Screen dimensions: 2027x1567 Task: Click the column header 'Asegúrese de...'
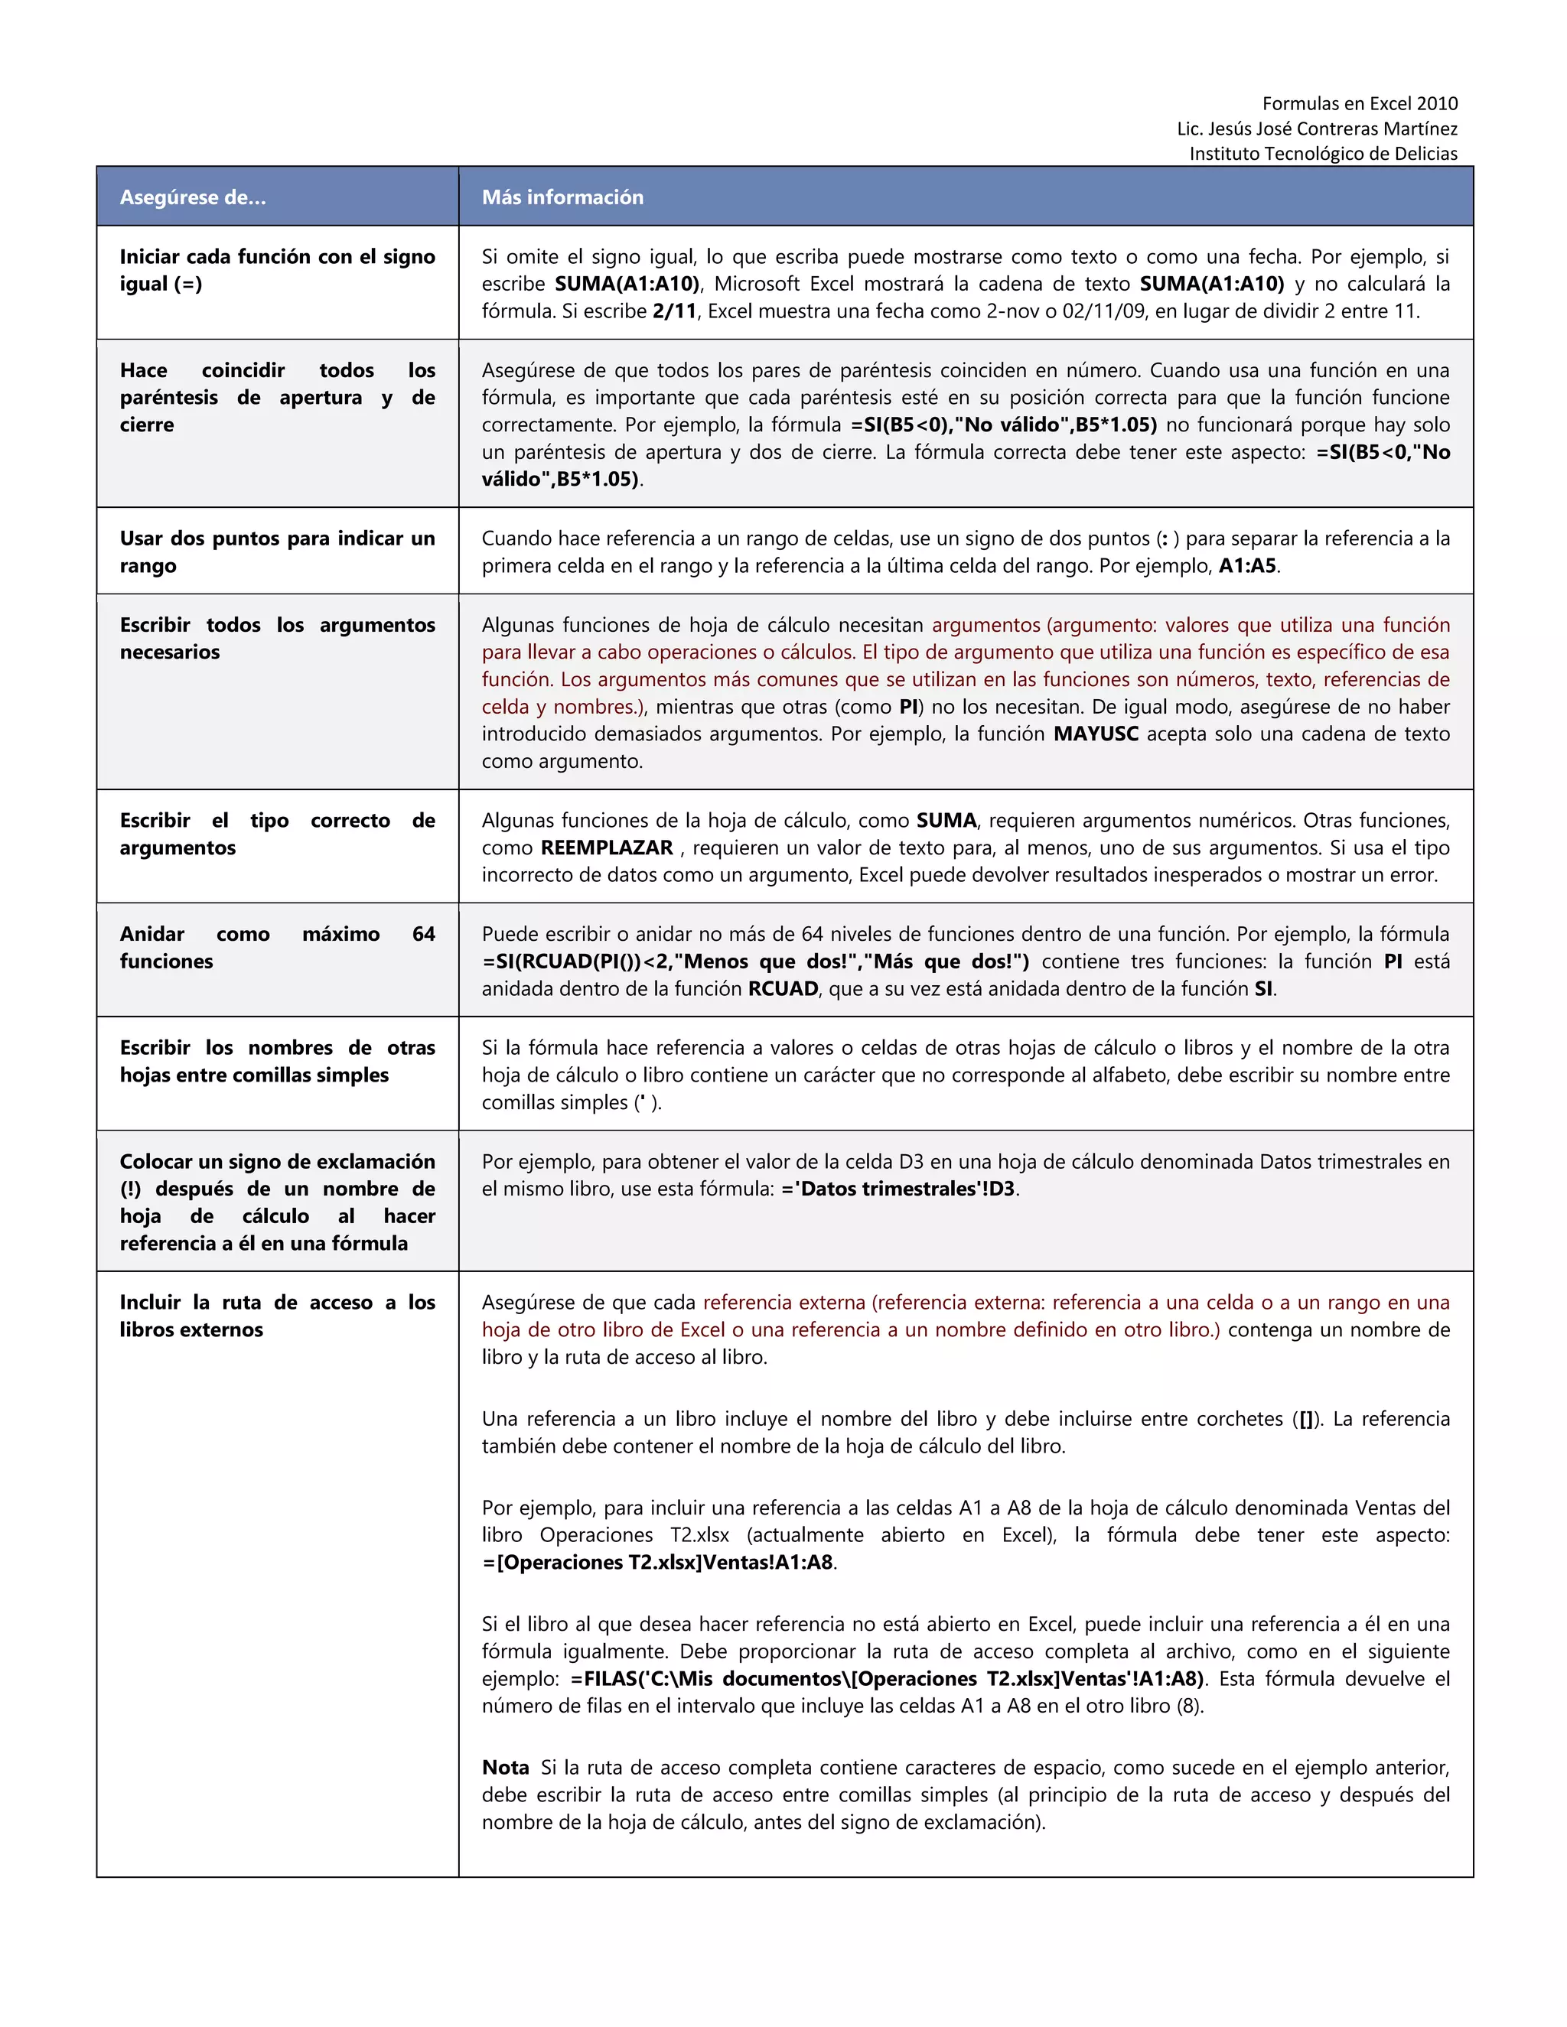[x=192, y=197]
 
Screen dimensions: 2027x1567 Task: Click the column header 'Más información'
[x=562, y=197]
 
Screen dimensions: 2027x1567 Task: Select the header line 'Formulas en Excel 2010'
[x=1359, y=103]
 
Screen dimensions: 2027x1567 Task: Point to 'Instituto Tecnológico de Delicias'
[x=1323, y=153]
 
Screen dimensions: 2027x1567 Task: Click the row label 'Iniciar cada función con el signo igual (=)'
[x=277, y=269]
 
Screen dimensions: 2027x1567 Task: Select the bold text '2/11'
[x=674, y=311]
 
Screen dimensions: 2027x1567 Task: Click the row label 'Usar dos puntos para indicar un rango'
[x=277, y=551]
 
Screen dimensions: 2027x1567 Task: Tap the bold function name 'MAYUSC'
[x=1096, y=734]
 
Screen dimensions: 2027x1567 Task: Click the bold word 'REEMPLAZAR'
[x=606, y=848]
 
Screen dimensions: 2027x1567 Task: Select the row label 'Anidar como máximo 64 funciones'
[x=277, y=947]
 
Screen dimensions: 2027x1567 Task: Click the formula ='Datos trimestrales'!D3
[x=898, y=1189]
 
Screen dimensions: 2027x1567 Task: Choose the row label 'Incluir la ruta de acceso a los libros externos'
[x=277, y=1315]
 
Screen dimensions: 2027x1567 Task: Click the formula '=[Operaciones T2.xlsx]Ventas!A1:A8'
[x=657, y=1562]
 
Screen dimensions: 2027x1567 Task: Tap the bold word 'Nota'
[x=505, y=1767]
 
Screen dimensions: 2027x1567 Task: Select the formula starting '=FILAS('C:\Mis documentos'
[x=887, y=1678]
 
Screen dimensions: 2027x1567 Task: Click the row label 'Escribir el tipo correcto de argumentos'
[x=277, y=834]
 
